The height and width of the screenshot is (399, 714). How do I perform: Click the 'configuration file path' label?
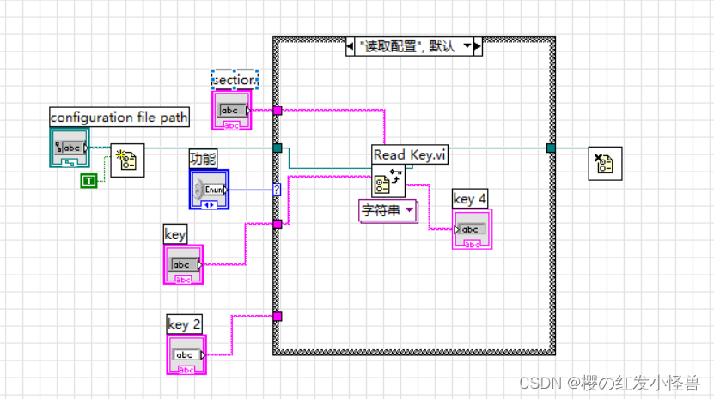point(119,117)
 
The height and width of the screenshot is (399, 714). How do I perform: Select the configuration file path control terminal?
point(69,147)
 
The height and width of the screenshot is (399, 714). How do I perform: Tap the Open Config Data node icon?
point(127,160)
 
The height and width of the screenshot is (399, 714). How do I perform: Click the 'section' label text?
point(235,79)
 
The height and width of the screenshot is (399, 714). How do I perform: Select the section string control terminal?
point(233,111)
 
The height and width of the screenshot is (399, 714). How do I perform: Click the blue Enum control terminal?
point(210,189)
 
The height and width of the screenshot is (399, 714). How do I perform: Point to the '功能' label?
point(204,158)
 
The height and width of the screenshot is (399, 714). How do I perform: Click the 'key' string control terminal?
point(183,264)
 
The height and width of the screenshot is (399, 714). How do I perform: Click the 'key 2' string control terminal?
point(187,354)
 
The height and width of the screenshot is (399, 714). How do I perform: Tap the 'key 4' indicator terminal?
point(473,229)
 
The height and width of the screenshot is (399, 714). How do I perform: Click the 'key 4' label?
point(470,199)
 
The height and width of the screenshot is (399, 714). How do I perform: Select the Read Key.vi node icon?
point(387,182)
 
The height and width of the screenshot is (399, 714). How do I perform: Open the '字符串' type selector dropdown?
point(387,210)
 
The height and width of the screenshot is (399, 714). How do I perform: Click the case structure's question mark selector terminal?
point(277,189)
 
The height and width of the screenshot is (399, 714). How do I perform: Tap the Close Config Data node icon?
point(604,163)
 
